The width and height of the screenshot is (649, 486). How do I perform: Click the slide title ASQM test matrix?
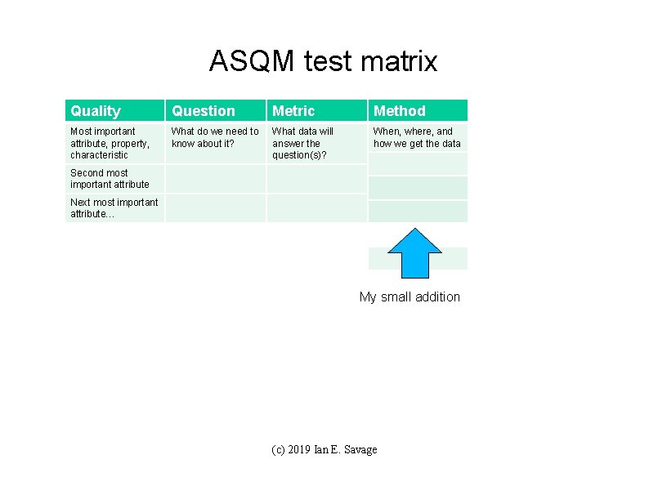[323, 61]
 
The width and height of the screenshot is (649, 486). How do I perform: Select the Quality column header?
[96, 111]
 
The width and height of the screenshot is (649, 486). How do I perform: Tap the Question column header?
[204, 111]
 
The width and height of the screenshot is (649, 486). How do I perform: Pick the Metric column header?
[293, 111]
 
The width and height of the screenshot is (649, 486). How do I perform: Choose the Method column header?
[400, 111]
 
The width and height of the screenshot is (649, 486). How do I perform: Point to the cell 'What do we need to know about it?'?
[215, 137]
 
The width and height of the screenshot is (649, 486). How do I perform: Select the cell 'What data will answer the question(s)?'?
[303, 143]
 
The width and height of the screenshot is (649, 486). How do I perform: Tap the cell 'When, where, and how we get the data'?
[417, 137]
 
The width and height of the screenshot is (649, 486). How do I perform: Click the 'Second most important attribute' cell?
[110, 178]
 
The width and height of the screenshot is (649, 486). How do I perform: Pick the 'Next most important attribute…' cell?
[114, 207]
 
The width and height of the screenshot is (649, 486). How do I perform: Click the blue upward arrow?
[414, 254]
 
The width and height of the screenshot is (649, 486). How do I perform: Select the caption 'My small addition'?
[410, 297]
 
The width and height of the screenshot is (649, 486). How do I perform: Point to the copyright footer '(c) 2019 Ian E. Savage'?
[324, 449]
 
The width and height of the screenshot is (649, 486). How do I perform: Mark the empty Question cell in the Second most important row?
[216, 178]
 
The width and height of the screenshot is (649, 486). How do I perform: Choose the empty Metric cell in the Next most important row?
[316, 207]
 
